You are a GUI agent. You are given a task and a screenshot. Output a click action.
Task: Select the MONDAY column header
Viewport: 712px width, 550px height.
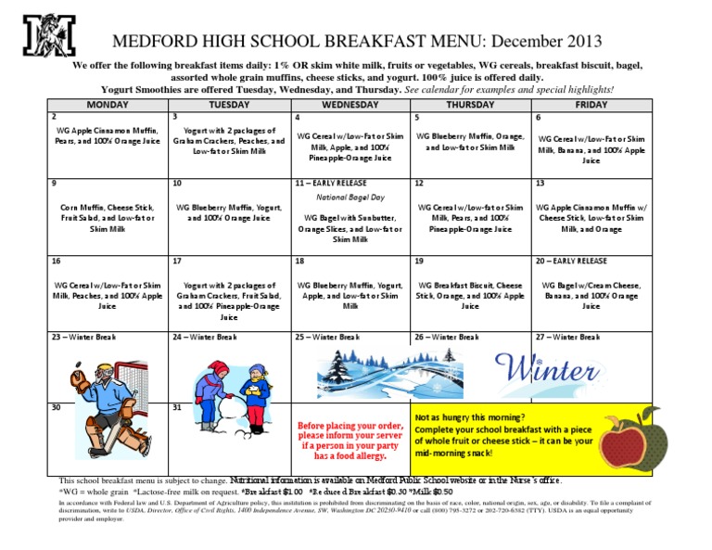coord(107,105)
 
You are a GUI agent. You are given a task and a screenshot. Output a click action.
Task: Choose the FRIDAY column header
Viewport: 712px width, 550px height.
coord(591,105)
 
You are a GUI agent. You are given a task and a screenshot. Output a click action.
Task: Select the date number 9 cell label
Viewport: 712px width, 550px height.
coord(55,183)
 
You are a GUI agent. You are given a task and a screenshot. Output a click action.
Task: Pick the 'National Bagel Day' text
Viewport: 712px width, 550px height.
coord(350,198)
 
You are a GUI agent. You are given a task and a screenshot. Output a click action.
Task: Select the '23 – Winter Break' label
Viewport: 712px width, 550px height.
coord(83,337)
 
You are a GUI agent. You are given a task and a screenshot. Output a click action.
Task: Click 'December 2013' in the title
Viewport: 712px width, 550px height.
coord(546,42)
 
